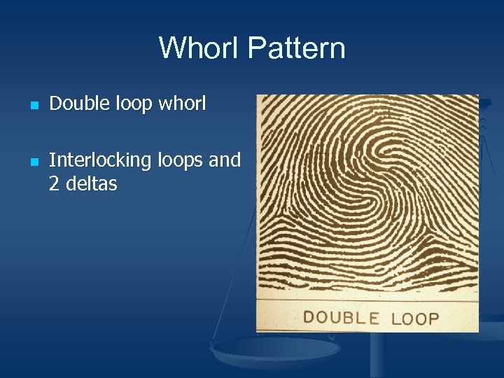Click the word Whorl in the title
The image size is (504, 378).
click(199, 48)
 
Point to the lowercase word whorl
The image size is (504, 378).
click(183, 104)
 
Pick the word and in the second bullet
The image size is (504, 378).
click(225, 160)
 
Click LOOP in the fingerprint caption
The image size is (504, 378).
click(415, 319)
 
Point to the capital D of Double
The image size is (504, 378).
click(55, 104)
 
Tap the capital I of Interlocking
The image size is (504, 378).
click(52, 160)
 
